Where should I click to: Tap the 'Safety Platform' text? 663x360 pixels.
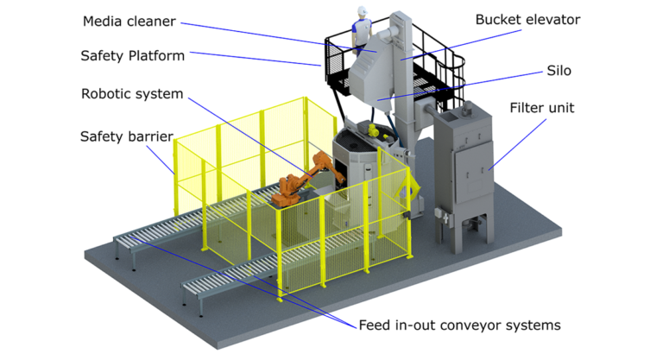132,56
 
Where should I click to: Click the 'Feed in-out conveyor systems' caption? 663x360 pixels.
459,325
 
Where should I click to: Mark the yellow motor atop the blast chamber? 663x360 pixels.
372,131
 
